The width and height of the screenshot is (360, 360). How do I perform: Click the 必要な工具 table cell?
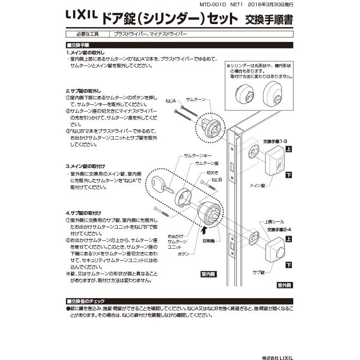tap(88, 34)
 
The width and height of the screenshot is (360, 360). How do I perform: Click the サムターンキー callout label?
tap(195, 156)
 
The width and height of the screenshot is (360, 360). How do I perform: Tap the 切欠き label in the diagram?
tap(212, 172)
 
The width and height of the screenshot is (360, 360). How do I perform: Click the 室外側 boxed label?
tap(284, 285)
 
